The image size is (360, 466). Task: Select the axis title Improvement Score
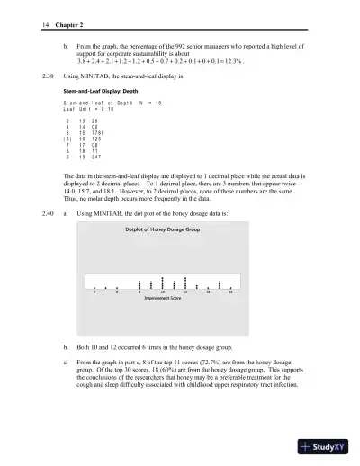[162, 297]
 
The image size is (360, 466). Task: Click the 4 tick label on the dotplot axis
[94, 291]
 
